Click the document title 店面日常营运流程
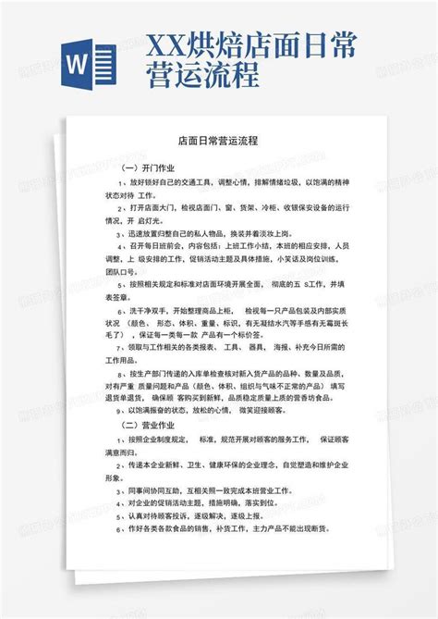[219, 143]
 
